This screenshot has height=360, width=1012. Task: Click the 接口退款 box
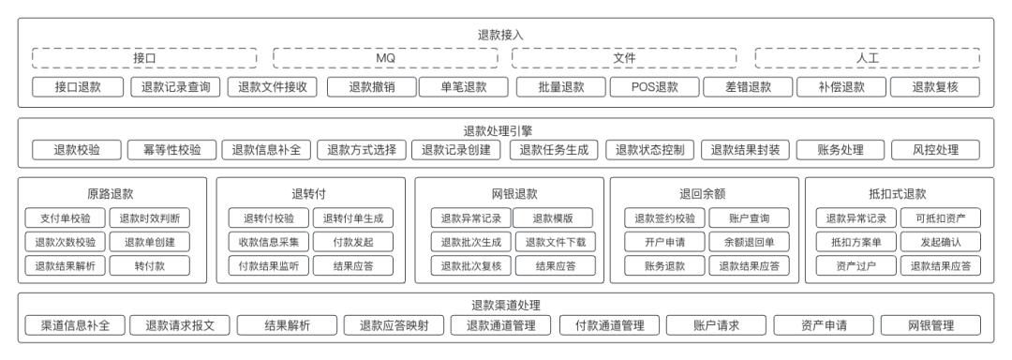77,87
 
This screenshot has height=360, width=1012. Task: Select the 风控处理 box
935,149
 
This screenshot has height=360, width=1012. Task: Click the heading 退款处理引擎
506,131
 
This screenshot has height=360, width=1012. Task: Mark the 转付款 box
150,264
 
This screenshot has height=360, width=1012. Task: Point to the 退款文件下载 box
556,242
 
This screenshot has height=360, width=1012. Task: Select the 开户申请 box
661,242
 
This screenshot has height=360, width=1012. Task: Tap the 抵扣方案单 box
853,242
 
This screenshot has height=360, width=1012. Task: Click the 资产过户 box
853,264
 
